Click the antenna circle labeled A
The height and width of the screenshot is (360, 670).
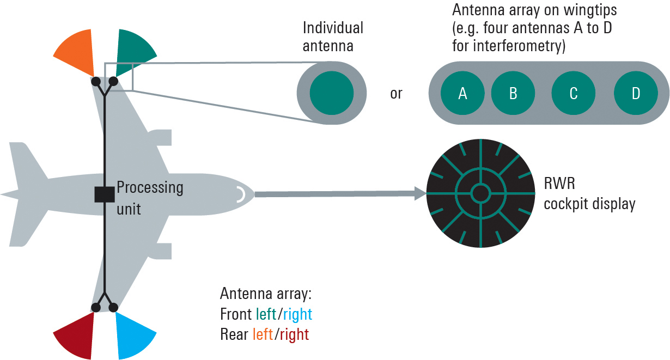(462, 93)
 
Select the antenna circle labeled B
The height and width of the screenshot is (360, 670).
(513, 93)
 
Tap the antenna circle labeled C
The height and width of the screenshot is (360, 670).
(574, 93)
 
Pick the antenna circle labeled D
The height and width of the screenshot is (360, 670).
(636, 93)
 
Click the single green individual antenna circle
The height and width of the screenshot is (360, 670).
(332, 93)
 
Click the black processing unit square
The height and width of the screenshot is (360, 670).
(103, 194)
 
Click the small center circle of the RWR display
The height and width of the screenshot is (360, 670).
(480, 193)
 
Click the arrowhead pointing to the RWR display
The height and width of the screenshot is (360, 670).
(419, 193)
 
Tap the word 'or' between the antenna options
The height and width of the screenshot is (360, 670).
(396, 94)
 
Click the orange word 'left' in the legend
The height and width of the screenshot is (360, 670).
(263, 334)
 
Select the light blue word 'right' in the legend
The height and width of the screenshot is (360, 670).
(297, 314)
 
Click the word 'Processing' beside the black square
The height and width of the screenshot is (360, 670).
(150, 188)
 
